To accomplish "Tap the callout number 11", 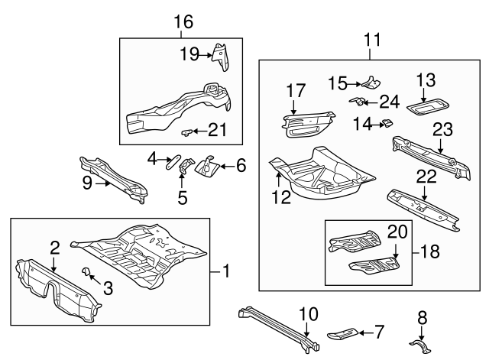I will (x=371, y=37).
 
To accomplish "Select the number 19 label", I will (x=189, y=54).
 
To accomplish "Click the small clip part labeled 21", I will (x=185, y=132).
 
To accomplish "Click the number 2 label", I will (x=55, y=246).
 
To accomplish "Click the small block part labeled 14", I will (x=387, y=122).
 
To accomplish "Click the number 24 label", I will (x=390, y=101).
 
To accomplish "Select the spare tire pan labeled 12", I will (x=321, y=180).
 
